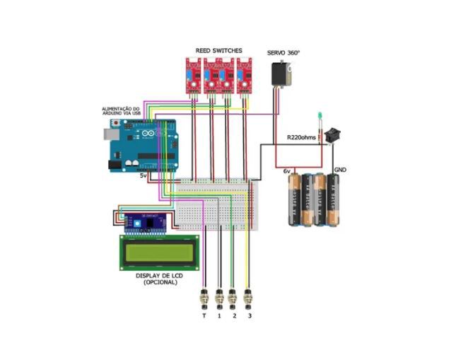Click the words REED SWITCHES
218,51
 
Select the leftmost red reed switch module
192,76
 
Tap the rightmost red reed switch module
245,76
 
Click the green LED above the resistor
320,115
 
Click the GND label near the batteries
339,170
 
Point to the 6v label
287,170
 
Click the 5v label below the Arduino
144,175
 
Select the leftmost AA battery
293,200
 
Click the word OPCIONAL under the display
160,282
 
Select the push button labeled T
205,298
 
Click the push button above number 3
247,298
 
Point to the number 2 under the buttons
234,315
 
